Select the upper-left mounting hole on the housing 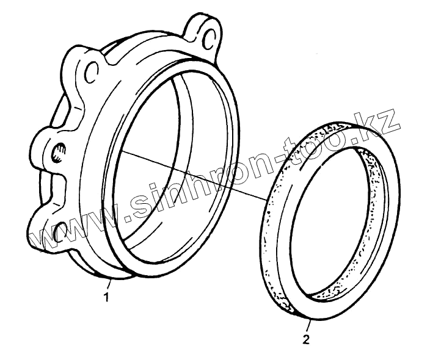[93, 73]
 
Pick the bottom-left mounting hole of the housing [58, 232]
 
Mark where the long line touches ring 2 [267, 198]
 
